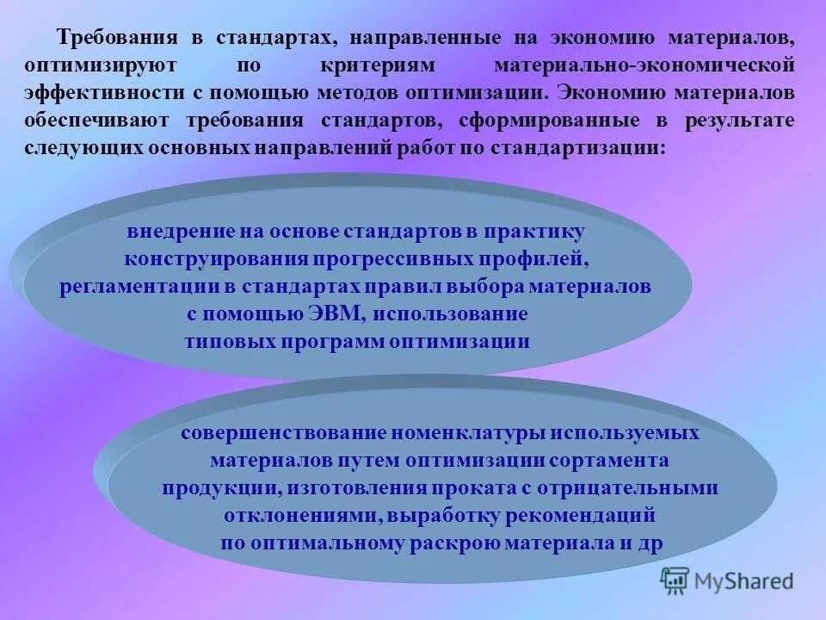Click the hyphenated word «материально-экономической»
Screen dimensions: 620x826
644,66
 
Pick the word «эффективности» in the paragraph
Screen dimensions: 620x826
108,93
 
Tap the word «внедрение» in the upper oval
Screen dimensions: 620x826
180,232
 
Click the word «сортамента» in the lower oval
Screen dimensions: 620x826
614,461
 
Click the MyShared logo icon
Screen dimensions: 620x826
675,581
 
